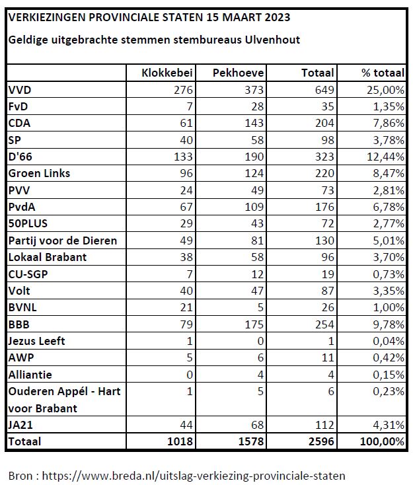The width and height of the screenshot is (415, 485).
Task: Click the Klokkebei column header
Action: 167,73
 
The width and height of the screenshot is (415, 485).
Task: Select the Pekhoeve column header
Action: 238,73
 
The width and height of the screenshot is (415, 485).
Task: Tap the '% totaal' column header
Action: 383,73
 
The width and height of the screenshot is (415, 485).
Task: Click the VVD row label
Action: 20,90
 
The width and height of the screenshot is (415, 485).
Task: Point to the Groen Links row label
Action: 39,173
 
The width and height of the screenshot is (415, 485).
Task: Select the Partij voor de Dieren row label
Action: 63,241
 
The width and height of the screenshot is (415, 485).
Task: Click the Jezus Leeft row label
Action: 37,341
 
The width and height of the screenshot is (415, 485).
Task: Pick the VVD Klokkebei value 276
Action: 183,90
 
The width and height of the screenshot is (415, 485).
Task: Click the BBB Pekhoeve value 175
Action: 254,324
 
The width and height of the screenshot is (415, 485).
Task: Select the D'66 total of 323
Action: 324,157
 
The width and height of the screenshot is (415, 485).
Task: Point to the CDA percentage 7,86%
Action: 389,123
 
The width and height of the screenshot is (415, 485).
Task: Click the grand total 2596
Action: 321,441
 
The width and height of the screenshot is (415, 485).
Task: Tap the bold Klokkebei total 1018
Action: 180,441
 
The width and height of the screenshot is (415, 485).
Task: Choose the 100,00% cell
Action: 382,441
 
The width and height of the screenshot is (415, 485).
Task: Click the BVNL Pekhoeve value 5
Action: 260,307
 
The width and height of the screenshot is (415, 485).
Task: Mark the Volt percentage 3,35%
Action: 389,291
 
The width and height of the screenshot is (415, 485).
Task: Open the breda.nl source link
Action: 194,475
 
